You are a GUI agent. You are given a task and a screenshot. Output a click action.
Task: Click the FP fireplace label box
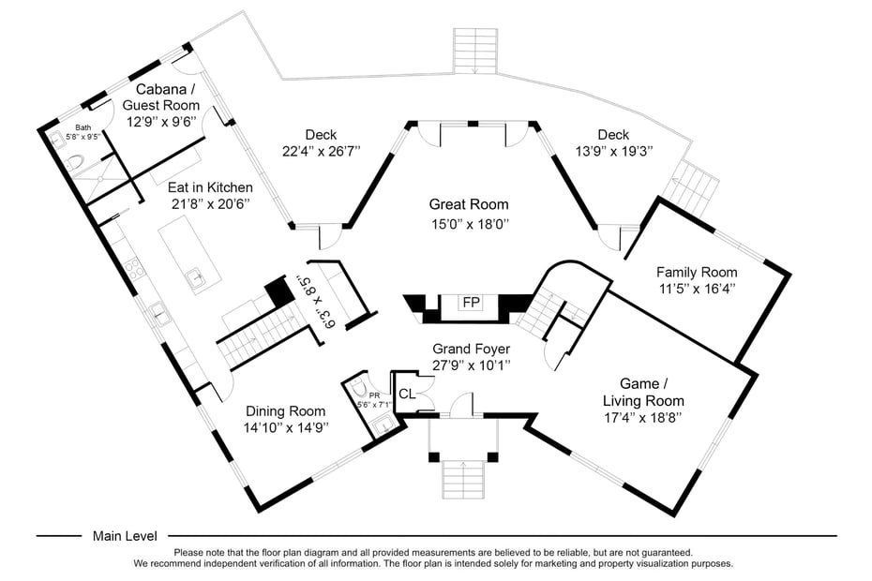click(x=469, y=303)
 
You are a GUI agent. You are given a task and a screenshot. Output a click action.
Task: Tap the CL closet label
click(x=407, y=394)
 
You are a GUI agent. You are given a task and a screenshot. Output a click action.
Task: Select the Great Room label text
click(x=469, y=204)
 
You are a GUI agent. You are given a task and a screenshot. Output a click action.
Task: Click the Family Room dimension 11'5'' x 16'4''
click(x=697, y=289)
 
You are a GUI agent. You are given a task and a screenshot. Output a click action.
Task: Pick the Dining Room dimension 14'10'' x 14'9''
click(x=286, y=427)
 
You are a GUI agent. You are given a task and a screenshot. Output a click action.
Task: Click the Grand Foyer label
click(x=471, y=349)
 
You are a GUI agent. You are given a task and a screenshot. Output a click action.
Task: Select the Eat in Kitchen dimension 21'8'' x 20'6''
click(x=208, y=203)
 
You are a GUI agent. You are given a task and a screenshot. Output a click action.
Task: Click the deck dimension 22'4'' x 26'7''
click(x=321, y=151)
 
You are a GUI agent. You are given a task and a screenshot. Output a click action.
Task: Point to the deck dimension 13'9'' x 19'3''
click(x=613, y=151)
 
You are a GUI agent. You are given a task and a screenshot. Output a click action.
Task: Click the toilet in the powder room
click(x=357, y=390)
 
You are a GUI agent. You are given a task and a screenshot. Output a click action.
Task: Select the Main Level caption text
click(x=125, y=536)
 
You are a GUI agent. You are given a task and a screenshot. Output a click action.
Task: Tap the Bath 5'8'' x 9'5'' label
click(x=83, y=132)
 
